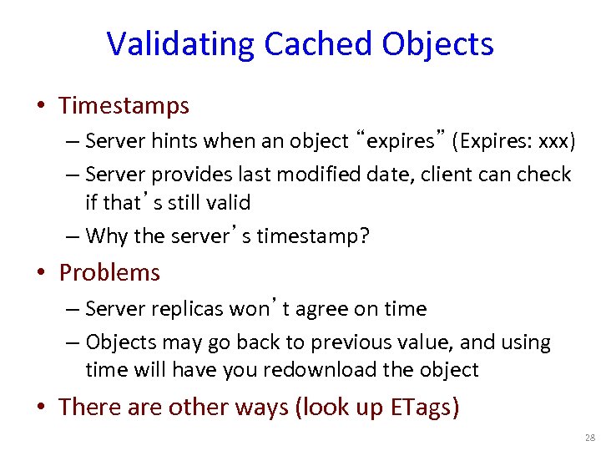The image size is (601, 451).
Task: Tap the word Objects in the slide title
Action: tap(438, 44)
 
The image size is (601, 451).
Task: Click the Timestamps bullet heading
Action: tap(124, 106)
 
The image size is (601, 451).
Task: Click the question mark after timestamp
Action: tap(364, 236)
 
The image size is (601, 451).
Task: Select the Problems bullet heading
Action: tap(109, 273)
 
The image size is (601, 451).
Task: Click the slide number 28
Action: tap(589, 438)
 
